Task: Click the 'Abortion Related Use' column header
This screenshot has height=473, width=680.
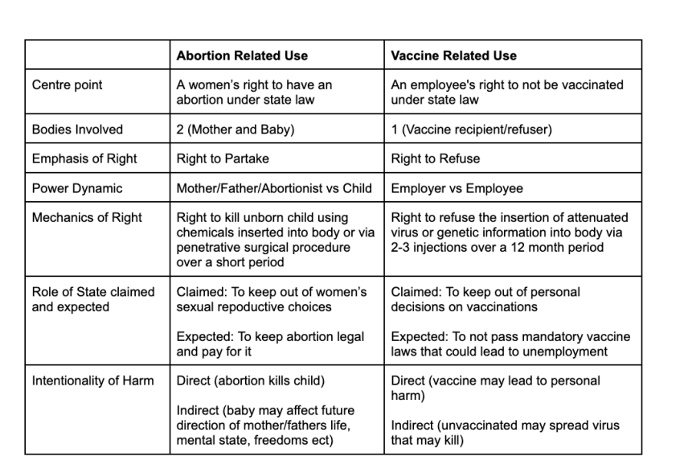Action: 242,56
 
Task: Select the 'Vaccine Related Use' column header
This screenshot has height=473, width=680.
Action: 453,56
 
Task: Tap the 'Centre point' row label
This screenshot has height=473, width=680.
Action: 68,85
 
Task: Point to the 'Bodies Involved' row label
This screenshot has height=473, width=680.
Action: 77,130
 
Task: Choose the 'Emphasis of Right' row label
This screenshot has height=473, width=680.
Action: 84,158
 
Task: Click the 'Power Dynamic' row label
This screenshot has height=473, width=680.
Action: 77,188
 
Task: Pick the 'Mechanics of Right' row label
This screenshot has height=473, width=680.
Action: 87,217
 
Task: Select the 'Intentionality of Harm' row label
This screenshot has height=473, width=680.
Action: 93,380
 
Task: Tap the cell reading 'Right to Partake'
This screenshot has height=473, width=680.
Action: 222,158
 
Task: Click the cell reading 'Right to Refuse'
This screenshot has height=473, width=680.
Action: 435,158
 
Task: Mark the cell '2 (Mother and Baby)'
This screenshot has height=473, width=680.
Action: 235,130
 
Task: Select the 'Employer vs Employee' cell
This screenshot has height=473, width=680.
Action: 457,188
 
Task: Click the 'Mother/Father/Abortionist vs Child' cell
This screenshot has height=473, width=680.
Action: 274,188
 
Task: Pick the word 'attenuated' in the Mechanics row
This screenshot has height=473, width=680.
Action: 597,217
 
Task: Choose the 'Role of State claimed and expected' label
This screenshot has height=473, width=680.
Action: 93,298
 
